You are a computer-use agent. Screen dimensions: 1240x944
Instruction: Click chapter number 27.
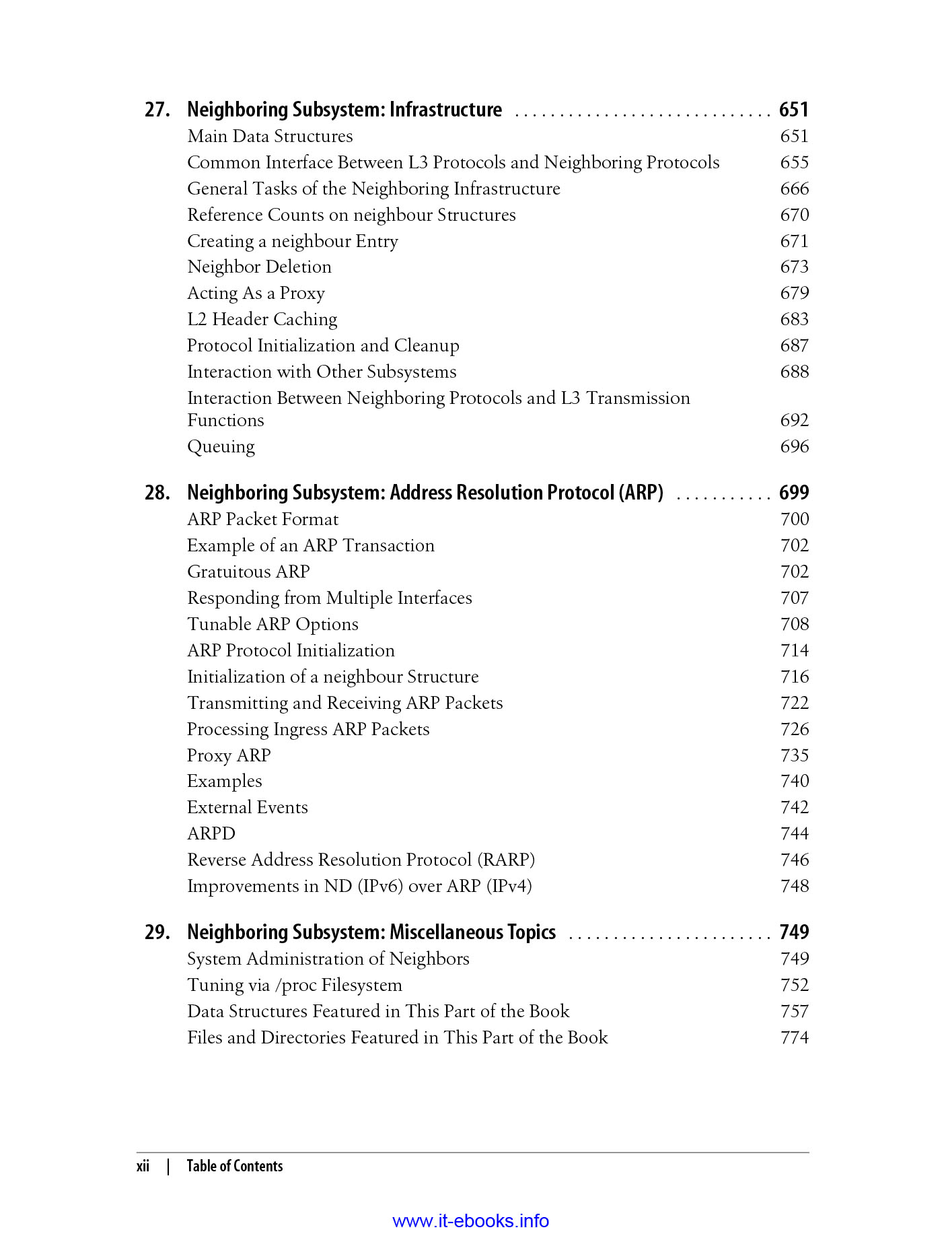pyautogui.click(x=157, y=110)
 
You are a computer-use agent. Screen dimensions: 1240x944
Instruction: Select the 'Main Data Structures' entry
pyautogui.click(x=270, y=137)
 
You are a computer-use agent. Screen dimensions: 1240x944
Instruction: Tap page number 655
pyautogui.click(x=794, y=163)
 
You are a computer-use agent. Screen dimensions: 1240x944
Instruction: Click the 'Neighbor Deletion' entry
pyautogui.click(x=259, y=267)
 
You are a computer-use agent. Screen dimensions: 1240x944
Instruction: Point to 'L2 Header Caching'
pyautogui.click(x=262, y=320)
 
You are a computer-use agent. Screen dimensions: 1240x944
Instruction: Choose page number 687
pyautogui.click(x=794, y=346)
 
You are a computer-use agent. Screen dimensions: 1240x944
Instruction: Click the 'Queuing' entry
pyautogui.click(x=221, y=447)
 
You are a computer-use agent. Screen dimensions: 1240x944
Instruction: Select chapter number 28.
pyautogui.click(x=157, y=493)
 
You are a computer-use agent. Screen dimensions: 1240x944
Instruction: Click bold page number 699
pyautogui.click(x=793, y=493)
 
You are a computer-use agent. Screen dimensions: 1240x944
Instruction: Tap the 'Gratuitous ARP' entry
pyautogui.click(x=248, y=572)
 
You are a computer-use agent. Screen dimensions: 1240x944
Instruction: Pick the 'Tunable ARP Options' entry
pyautogui.click(x=273, y=625)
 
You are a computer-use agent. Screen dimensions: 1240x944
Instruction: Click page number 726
pyautogui.click(x=794, y=730)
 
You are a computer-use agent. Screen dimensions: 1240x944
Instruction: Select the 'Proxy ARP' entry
pyautogui.click(x=229, y=756)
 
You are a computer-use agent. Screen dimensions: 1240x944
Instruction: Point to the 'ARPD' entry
pyautogui.click(x=211, y=834)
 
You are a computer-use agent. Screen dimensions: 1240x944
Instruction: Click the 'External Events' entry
pyautogui.click(x=247, y=808)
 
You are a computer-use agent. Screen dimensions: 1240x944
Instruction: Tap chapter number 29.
pyautogui.click(x=157, y=932)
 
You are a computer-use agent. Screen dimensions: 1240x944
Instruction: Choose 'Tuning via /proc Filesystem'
pyautogui.click(x=294, y=986)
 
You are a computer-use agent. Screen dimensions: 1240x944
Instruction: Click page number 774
pyautogui.click(x=794, y=1038)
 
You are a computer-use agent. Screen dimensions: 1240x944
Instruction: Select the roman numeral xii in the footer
pyautogui.click(x=143, y=1167)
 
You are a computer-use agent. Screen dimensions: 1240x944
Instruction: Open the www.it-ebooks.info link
pyautogui.click(x=470, y=1221)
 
